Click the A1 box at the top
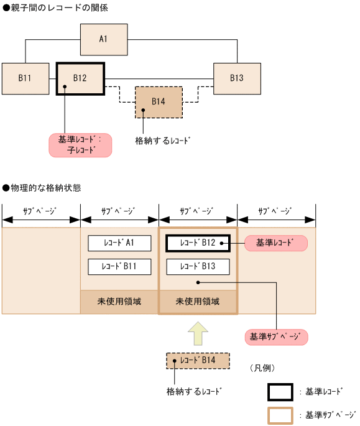(104, 39)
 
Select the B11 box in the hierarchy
(25, 78)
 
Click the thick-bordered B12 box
(80, 78)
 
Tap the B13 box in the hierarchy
(237, 78)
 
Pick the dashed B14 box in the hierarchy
(159, 102)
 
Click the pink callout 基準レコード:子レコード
(80, 144)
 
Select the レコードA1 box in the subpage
(119, 243)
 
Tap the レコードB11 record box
(119, 266)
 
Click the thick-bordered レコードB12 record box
(198, 243)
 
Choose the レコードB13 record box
(198, 266)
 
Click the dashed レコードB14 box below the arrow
(198, 361)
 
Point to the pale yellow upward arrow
(198, 333)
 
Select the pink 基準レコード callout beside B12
(277, 243)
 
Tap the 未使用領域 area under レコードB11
(119, 302)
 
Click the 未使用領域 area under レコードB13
(198, 302)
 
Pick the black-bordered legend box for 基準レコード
(280, 392)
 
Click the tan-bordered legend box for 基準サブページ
(280, 415)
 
